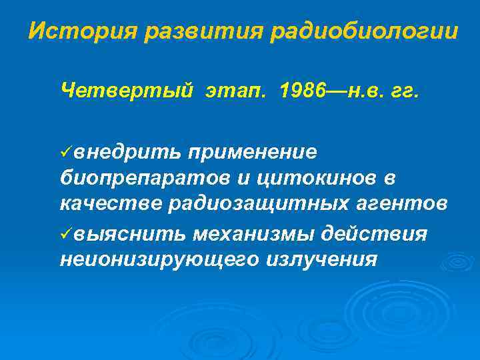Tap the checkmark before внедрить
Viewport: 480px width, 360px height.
(65, 153)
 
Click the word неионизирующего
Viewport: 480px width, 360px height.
(155, 259)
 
